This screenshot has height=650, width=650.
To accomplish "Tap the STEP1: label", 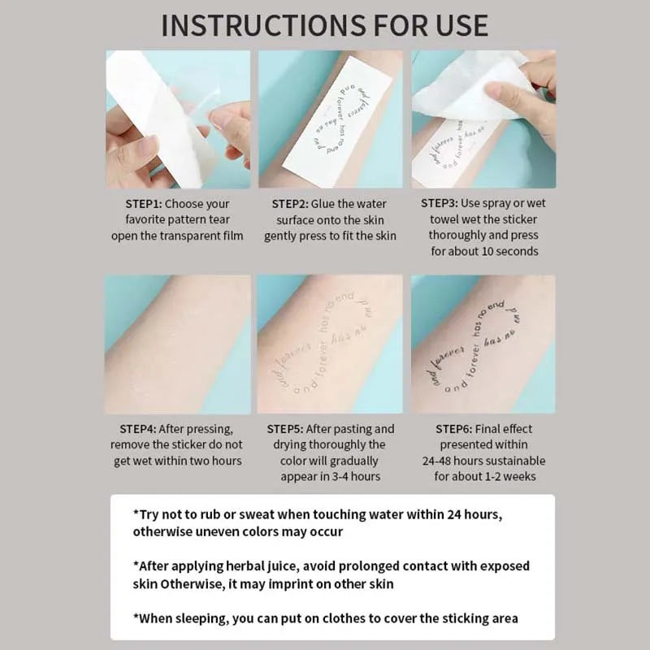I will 150,204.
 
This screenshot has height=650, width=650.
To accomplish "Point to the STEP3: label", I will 446,204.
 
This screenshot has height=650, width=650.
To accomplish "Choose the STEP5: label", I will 292,429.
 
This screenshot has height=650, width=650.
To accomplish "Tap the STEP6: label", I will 461,429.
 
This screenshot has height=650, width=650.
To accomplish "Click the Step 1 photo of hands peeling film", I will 178,119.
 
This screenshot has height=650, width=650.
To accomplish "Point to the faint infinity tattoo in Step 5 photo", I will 329,349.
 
